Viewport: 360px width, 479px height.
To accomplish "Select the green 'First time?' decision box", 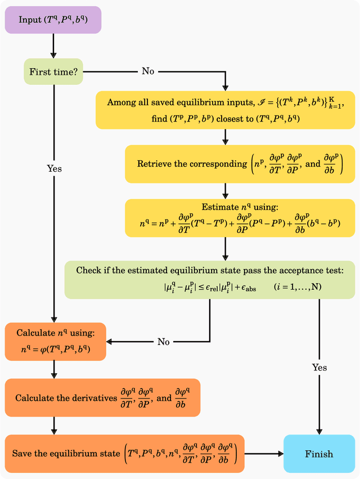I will coord(52,71).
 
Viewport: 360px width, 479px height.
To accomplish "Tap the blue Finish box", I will coord(319,454).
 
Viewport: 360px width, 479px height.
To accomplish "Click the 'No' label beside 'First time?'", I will coord(148,71).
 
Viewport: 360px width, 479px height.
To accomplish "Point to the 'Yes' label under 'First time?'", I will coord(55,168).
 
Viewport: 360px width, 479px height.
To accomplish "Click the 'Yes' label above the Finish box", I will coord(319,368).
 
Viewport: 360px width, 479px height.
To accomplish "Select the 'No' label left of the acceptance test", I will coord(163,341).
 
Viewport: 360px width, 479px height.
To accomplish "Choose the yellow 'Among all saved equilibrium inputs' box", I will coord(225,110).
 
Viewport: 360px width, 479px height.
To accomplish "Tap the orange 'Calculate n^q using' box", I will coord(55,341).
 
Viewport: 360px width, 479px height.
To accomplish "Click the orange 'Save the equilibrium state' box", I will coord(124,453).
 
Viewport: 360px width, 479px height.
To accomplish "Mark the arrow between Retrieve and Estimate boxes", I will coord(225,190).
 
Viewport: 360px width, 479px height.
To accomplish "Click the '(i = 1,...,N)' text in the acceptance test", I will coord(298,286).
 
